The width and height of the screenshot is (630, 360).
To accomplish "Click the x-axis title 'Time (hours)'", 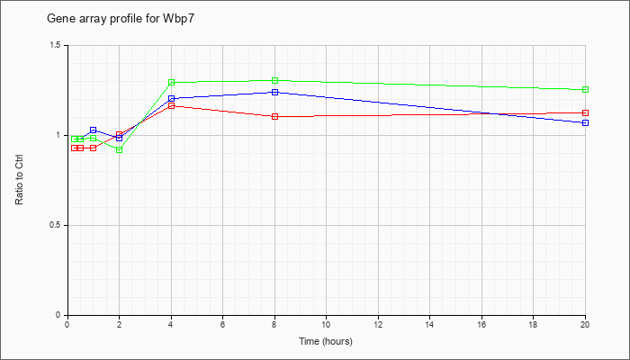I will (326, 342).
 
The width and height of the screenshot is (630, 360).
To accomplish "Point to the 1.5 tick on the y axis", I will (55, 45).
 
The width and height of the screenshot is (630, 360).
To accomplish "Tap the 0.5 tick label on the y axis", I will (55, 225).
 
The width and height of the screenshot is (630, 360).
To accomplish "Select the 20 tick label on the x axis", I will (585, 326).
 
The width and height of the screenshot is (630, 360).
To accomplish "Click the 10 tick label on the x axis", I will (326, 326).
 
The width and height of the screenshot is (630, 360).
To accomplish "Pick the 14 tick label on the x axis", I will (429, 326).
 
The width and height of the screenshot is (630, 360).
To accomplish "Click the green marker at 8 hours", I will (275, 81).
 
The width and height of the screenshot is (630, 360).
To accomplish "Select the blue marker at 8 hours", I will (275, 92).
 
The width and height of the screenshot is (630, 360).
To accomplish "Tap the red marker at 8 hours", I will (275, 116).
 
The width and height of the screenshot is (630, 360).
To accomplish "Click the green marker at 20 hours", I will (586, 90).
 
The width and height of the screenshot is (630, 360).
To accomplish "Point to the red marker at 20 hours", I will (586, 112).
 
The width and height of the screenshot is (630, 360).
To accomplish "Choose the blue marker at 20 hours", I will (586, 122).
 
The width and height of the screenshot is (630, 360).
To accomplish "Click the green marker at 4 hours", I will (171, 83).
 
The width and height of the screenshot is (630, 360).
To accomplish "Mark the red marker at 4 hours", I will (171, 106).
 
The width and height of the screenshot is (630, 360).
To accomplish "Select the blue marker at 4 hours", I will (171, 98).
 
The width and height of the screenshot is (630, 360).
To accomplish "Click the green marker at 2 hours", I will (120, 149).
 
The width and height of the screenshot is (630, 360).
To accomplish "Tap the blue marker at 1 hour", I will (94, 130).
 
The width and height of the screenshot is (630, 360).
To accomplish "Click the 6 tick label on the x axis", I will (222, 326).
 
